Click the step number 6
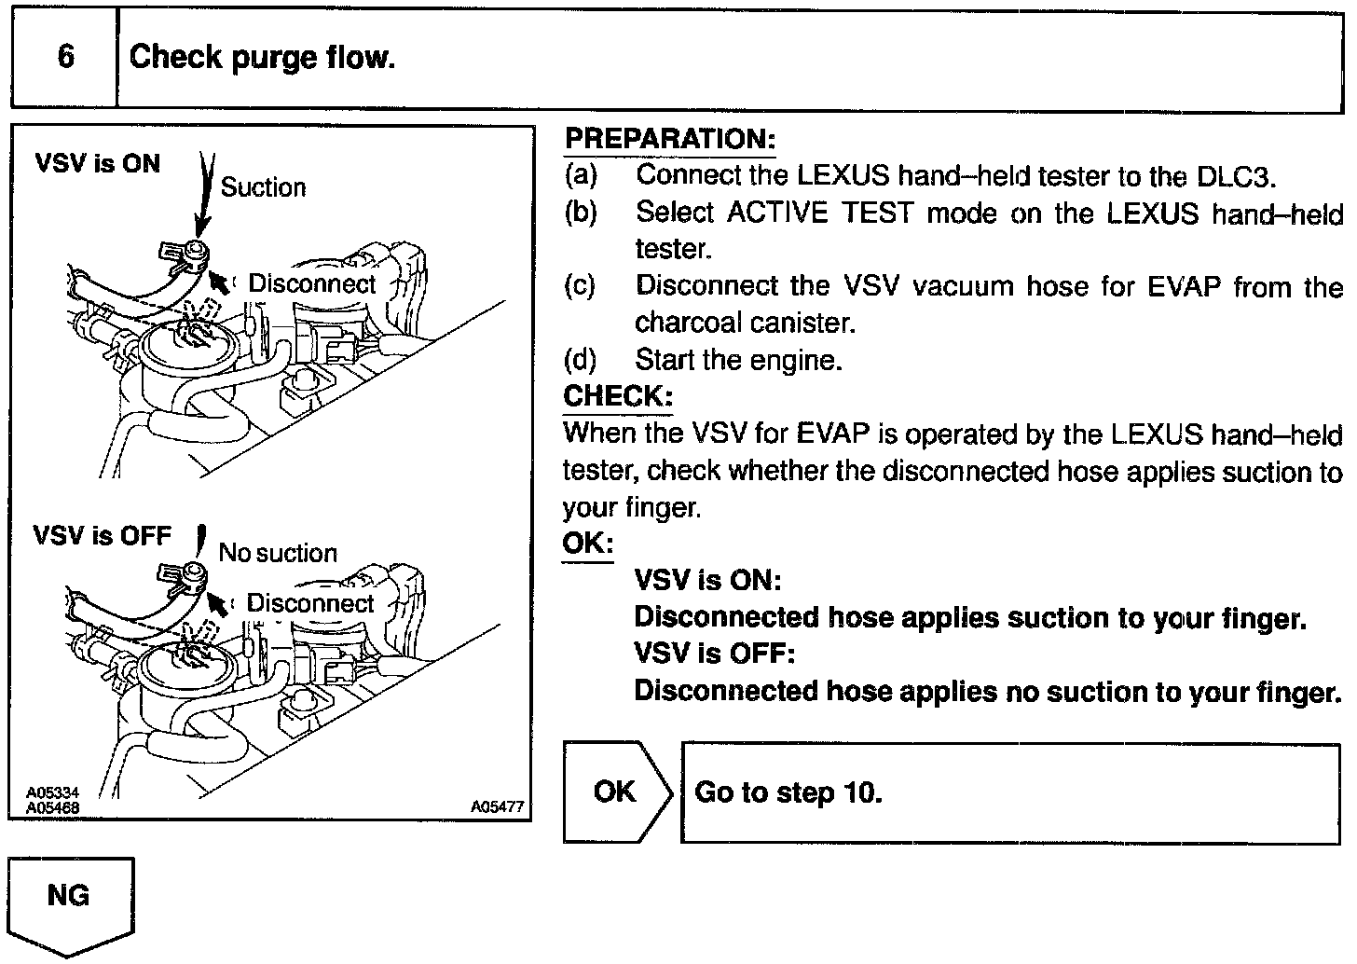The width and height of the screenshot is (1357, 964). coord(65,57)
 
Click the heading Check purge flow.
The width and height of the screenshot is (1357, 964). coord(262,58)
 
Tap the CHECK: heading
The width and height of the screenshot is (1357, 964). coord(617,396)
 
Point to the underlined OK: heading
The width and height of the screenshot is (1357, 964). coord(588,543)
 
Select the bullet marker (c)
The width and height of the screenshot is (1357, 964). coord(580,286)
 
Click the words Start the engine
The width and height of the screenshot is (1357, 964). coord(738,360)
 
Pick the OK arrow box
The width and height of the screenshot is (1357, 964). coord(617,792)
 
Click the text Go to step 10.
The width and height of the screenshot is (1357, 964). coord(788,792)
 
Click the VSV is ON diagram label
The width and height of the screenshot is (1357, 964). coord(98,164)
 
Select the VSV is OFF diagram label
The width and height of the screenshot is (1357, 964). coord(103,536)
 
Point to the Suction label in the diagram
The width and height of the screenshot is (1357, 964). coord(263,187)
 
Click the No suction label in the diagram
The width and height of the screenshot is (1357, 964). coord(278,553)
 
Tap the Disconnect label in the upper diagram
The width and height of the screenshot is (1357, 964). coord(311,283)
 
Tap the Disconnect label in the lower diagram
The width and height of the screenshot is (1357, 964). coord(310,603)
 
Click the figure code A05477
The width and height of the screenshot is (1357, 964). coord(497,807)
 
